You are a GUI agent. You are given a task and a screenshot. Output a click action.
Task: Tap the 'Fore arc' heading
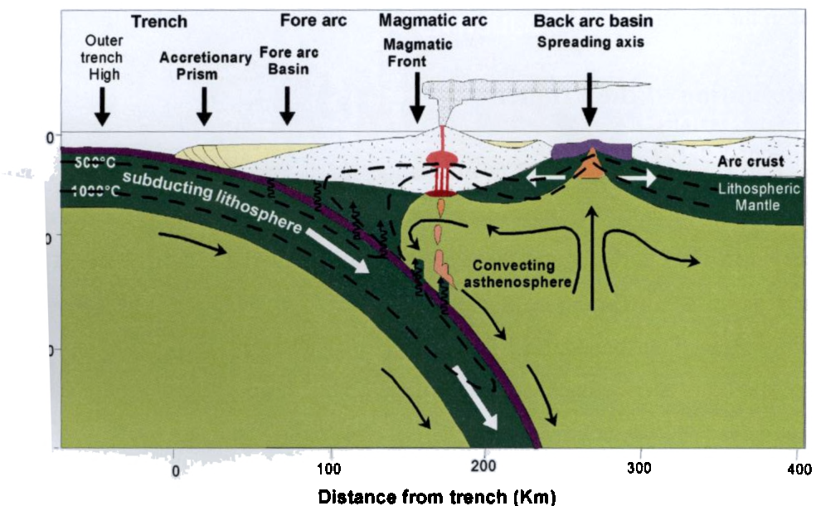312,18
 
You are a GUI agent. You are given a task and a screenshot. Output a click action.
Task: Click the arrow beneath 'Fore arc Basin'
287,106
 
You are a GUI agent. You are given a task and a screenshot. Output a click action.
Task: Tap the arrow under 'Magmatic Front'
416,106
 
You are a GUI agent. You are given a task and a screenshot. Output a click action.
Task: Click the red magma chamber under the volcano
437,159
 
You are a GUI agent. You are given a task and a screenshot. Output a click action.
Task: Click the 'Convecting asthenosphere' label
522,275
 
